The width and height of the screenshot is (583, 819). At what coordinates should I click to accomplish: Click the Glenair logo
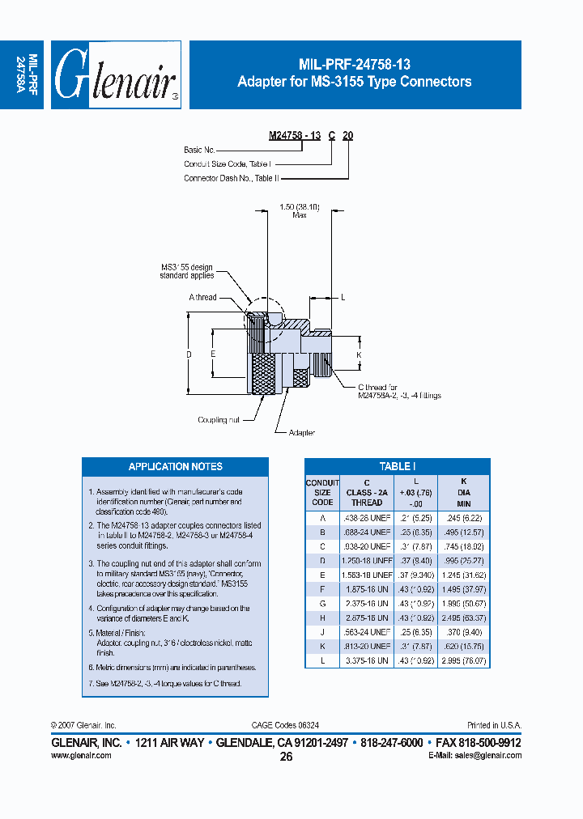pyautogui.click(x=115, y=74)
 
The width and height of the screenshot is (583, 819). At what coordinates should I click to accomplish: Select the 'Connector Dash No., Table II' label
pyautogui.click(x=228, y=178)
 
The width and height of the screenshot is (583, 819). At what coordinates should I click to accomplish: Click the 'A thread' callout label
pyautogui.click(x=202, y=297)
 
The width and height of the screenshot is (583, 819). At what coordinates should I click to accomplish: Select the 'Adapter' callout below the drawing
pyautogui.click(x=301, y=433)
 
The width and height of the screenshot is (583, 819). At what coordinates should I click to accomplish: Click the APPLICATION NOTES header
pyautogui.click(x=175, y=466)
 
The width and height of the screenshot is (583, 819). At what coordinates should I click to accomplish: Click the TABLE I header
pyautogui.click(x=397, y=466)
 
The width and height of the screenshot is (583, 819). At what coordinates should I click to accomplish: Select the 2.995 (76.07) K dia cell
pyautogui.click(x=463, y=660)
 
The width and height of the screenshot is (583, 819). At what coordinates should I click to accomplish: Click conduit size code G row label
pyautogui.click(x=322, y=603)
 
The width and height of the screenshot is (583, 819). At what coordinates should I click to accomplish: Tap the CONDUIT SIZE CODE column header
pyautogui.click(x=322, y=492)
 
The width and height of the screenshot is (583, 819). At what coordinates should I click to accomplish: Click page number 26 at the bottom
pyautogui.click(x=286, y=757)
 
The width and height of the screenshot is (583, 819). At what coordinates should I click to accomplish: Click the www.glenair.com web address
pyautogui.click(x=81, y=754)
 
